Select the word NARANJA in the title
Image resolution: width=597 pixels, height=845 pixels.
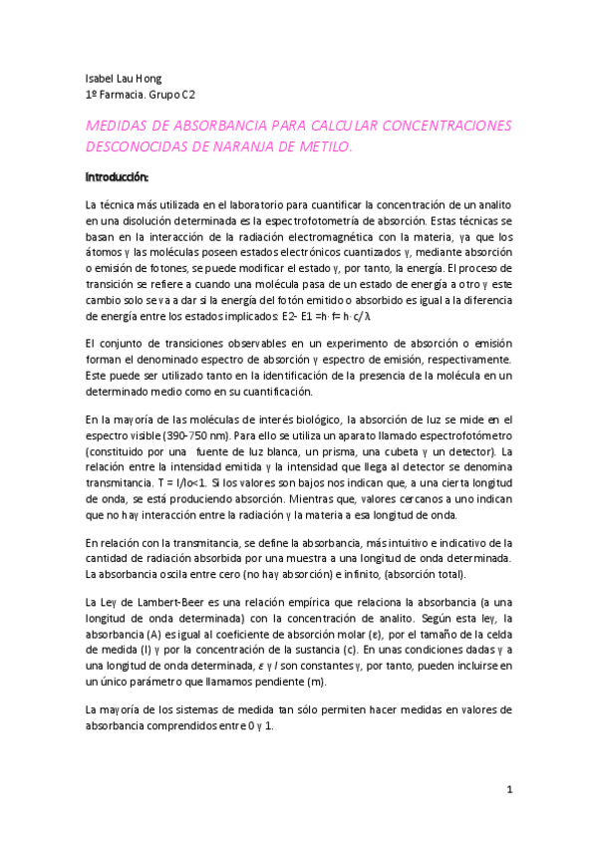pos(269,145)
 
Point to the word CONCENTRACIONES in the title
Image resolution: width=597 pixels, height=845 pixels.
pos(434,126)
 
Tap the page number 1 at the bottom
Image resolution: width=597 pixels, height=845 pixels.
pos(509,790)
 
